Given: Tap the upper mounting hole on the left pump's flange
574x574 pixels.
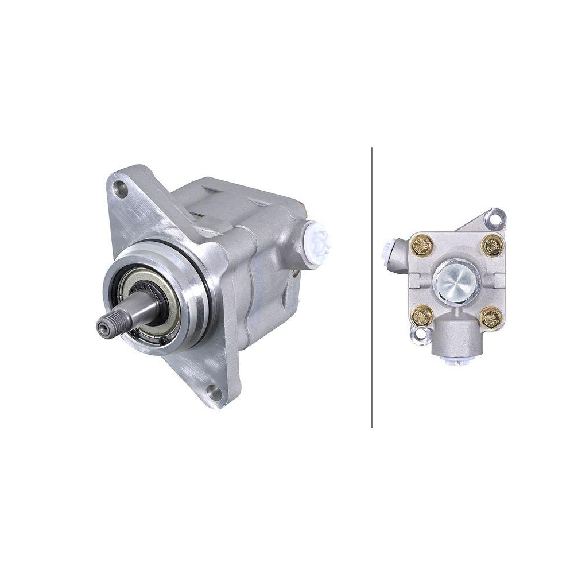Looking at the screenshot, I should [120, 188].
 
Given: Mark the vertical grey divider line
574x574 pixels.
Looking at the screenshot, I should [372, 287].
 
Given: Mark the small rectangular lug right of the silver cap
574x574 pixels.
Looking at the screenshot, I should [498, 281].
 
